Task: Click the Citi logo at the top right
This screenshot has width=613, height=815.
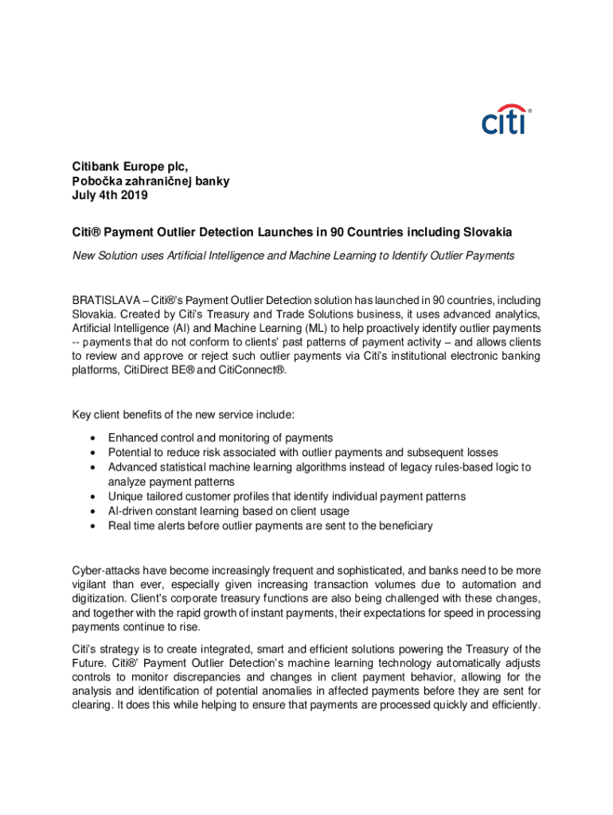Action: tap(506, 121)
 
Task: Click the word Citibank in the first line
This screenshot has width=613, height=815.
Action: tap(94, 166)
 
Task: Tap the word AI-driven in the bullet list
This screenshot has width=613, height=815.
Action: tap(132, 511)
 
